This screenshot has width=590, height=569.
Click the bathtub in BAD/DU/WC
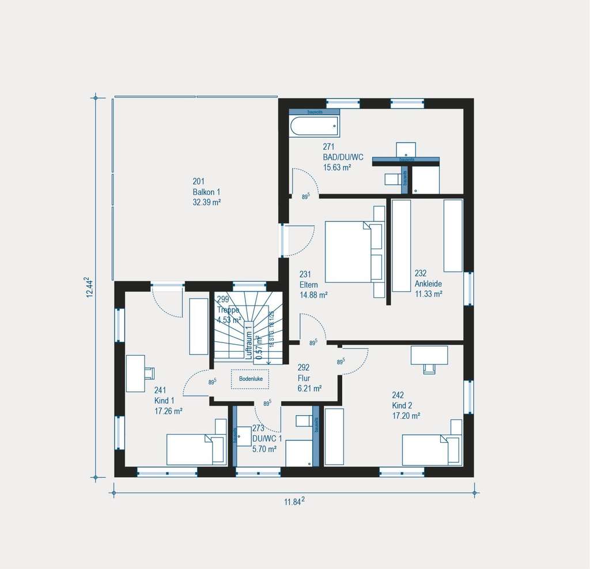[x=314, y=126]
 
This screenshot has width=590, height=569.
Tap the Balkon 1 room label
[x=207, y=192]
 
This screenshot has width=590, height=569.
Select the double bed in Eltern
[x=349, y=251]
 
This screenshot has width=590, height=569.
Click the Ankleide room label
[x=428, y=284]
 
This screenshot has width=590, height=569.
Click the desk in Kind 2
[x=429, y=355]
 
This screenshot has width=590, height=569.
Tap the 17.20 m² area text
[x=406, y=415]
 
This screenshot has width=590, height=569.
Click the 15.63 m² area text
[x=337, y=167]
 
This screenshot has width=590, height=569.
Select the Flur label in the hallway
[x=303, y=378]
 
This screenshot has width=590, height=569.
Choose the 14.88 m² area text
[x=313, y=295]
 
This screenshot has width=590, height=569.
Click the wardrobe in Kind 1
[x=199, y=326]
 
